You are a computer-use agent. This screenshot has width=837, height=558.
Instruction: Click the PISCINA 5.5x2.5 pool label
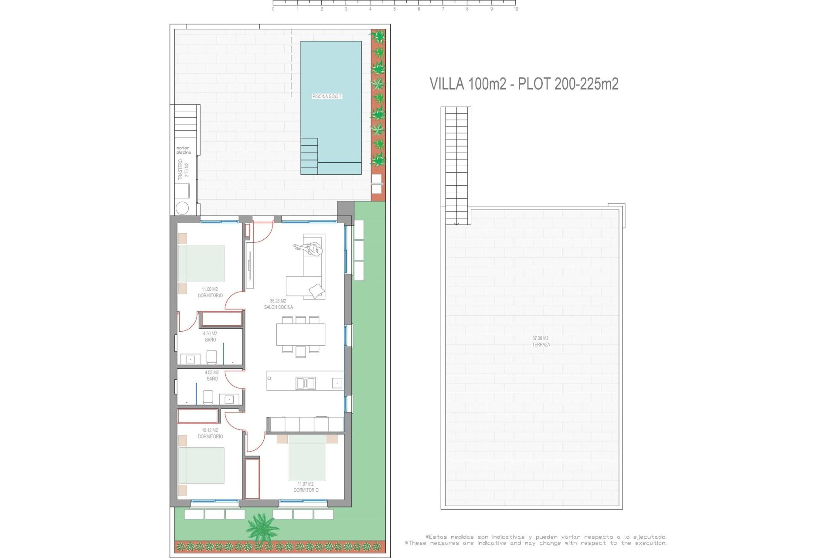pos(327,96)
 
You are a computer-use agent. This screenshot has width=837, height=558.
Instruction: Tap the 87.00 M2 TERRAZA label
pos(541,341)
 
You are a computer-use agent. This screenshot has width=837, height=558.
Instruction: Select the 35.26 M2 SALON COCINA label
pos(278,304)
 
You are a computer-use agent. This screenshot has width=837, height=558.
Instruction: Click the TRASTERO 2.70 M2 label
pos(184,170)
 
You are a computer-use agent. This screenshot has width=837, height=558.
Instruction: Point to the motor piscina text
pos(184,150)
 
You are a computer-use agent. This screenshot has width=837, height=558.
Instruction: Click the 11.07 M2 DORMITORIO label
pos(306,487)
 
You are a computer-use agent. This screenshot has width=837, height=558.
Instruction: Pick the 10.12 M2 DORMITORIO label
pos(210,433)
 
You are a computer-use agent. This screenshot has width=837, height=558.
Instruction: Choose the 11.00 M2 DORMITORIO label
pos(210,292)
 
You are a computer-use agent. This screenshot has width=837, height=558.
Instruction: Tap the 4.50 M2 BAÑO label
pos(210,337)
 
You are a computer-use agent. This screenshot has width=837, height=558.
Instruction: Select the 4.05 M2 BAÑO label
pos(212,375)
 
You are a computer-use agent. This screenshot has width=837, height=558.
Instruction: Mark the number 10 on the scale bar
pos(516,9)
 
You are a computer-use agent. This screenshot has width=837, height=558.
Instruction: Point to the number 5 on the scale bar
pos(395,9)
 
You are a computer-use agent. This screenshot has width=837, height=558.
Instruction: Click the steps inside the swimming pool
pos(309,156)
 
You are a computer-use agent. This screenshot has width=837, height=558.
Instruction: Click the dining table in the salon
pos(300,334)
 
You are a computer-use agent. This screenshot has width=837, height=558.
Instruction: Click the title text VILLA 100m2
pos(468,84)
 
